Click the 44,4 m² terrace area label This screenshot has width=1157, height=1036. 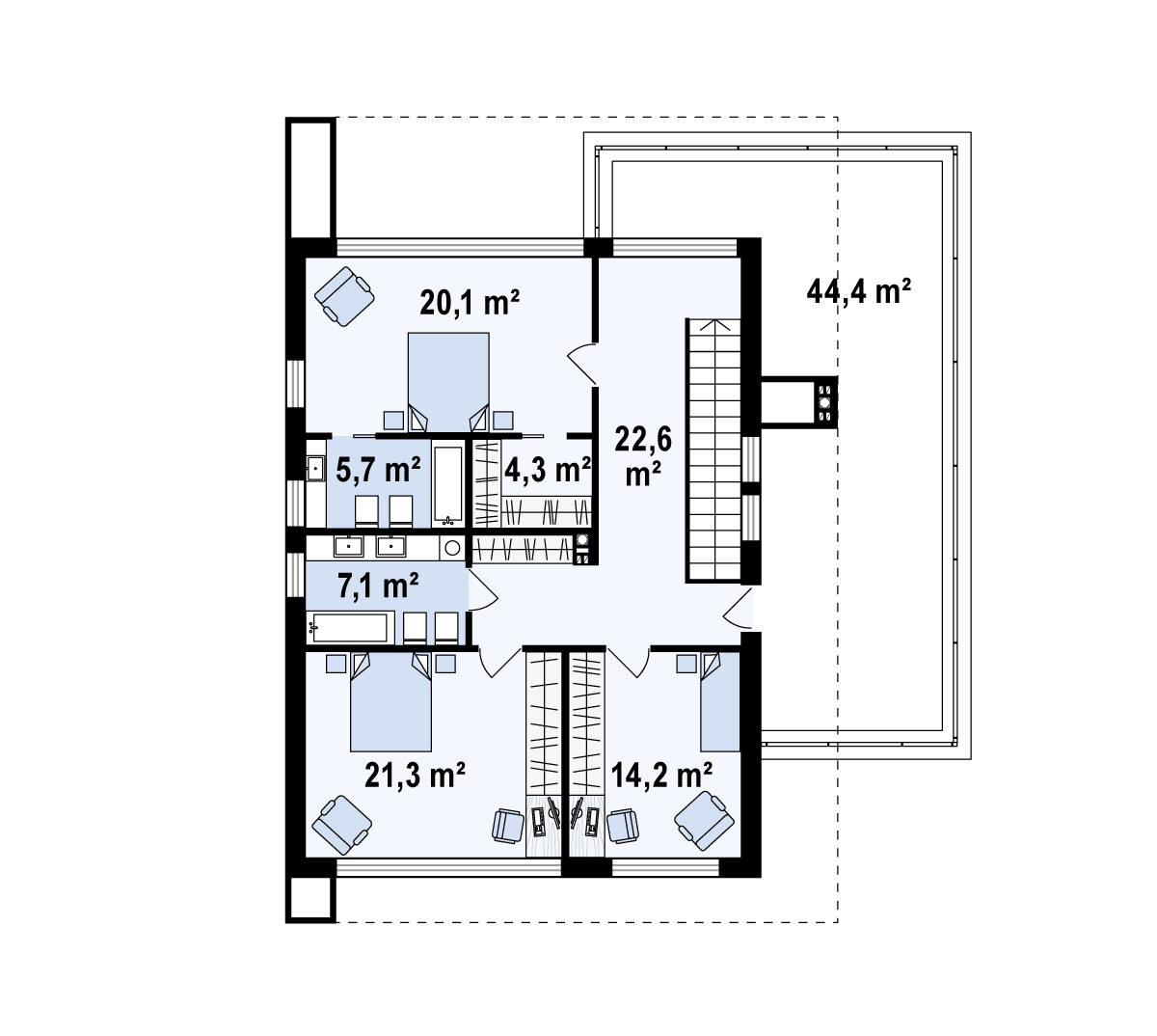(858, 291)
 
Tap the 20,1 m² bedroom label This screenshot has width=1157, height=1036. (470, 302)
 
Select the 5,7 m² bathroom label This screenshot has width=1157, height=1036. (378, 470)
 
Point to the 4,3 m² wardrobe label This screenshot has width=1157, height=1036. (547, 470)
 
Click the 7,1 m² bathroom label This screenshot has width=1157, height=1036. (378, 586)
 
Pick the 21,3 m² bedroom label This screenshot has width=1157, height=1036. (415, 775)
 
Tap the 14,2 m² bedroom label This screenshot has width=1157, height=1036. (661, 775)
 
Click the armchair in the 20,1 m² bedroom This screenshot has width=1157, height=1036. (344, 296)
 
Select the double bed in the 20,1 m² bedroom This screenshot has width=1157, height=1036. (448, 382)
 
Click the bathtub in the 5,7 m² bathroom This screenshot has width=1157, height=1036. (448, 485)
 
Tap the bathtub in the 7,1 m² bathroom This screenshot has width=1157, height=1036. (350, 628)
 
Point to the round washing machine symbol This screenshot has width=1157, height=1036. (452, 548)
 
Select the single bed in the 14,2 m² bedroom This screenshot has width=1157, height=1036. (720, 701)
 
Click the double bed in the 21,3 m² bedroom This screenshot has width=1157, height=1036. (390, 702)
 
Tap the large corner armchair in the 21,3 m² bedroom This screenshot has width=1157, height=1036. (342, 825)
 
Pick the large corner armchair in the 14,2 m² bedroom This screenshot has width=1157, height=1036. (704, 821)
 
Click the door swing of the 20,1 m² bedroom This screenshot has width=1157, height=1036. (582, 364)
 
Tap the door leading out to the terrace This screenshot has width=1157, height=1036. (738, 609)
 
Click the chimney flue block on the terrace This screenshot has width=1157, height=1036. (824, 401)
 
